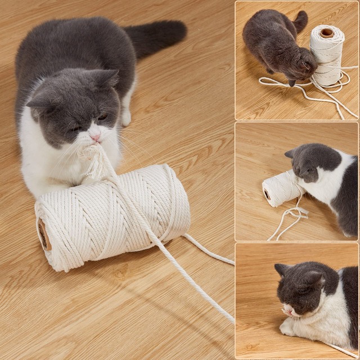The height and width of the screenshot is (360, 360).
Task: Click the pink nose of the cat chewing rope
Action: tap(96, 137)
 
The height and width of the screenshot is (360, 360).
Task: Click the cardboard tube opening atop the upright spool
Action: tap(327, 33)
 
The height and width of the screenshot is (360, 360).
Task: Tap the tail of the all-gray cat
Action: tap(300, 21)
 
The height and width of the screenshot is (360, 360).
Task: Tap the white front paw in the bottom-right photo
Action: tap(288, 328)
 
